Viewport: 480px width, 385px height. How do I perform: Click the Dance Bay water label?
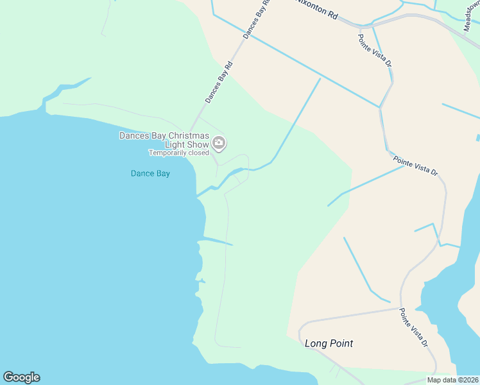pyautogui.click(x=150, y=173)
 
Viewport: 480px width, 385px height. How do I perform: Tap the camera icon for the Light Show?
pyautogui.click(x=219, y=143)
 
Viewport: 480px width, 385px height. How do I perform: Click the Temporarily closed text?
pyautogui.click(x=179, y=153)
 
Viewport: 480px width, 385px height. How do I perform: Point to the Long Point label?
pyautogui.click(x=329, y=343)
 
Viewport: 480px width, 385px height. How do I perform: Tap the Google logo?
pyautogui.click(x=21, y=377)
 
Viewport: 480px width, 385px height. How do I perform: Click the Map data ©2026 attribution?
pyautogui.click(x=452, y=380)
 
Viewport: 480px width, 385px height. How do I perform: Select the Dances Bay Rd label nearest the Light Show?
pyautogui.click(x=219, y=83)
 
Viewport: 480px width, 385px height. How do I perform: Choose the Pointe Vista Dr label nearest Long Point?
pyautogui.click(x=414, y=327)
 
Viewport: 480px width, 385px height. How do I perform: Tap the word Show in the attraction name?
pyautogui.click(x=196, y=144)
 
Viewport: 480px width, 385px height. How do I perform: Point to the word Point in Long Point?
pyautogui.click(x=341, y=343)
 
